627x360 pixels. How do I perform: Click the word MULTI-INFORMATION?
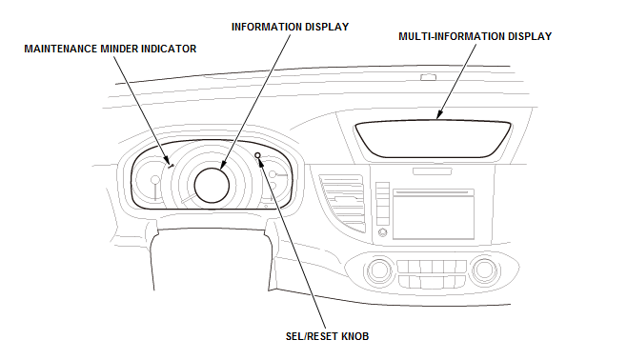[452, 36]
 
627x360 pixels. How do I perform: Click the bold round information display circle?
[212, 186]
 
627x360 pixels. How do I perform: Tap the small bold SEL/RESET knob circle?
[257, 155]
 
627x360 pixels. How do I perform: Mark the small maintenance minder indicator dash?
[172, 166]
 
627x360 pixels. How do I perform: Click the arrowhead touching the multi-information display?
[439, 115]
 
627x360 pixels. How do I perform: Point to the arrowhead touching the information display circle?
[223, 165]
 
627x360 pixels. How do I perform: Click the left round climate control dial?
[378, 270]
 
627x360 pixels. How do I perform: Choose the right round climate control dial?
[484, 270]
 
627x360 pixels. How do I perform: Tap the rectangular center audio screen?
[434, 214]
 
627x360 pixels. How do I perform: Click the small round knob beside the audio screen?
[383, 232]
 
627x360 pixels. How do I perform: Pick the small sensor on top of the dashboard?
[428, 77]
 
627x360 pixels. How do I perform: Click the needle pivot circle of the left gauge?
[154, 180]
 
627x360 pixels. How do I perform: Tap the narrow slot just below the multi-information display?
[432, 171]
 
